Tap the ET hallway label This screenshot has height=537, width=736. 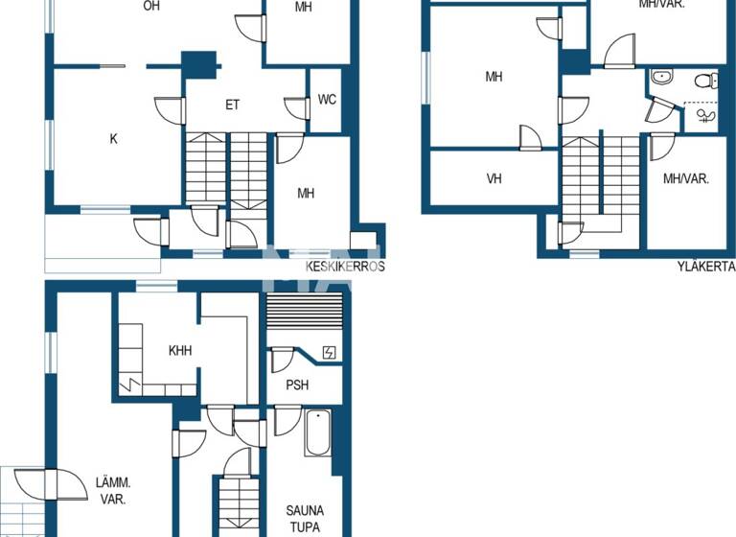(232, 105)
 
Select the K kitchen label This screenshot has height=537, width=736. (113, 139)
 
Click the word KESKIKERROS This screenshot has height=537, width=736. (345, 267)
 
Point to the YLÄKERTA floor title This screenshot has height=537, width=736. (704, 267)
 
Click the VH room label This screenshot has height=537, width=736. (494, 178)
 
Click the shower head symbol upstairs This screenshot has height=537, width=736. (708, 117)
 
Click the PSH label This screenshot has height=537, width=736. (297, 385)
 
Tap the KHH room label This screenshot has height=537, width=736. (180, 351)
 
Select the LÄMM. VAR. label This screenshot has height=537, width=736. (113, 491)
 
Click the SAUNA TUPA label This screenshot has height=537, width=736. (305, 518)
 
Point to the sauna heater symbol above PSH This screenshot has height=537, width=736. (330, 353)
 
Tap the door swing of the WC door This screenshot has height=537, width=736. (296, 107)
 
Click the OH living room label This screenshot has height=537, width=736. (150, 6)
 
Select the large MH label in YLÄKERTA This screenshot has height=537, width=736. (494, 77)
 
